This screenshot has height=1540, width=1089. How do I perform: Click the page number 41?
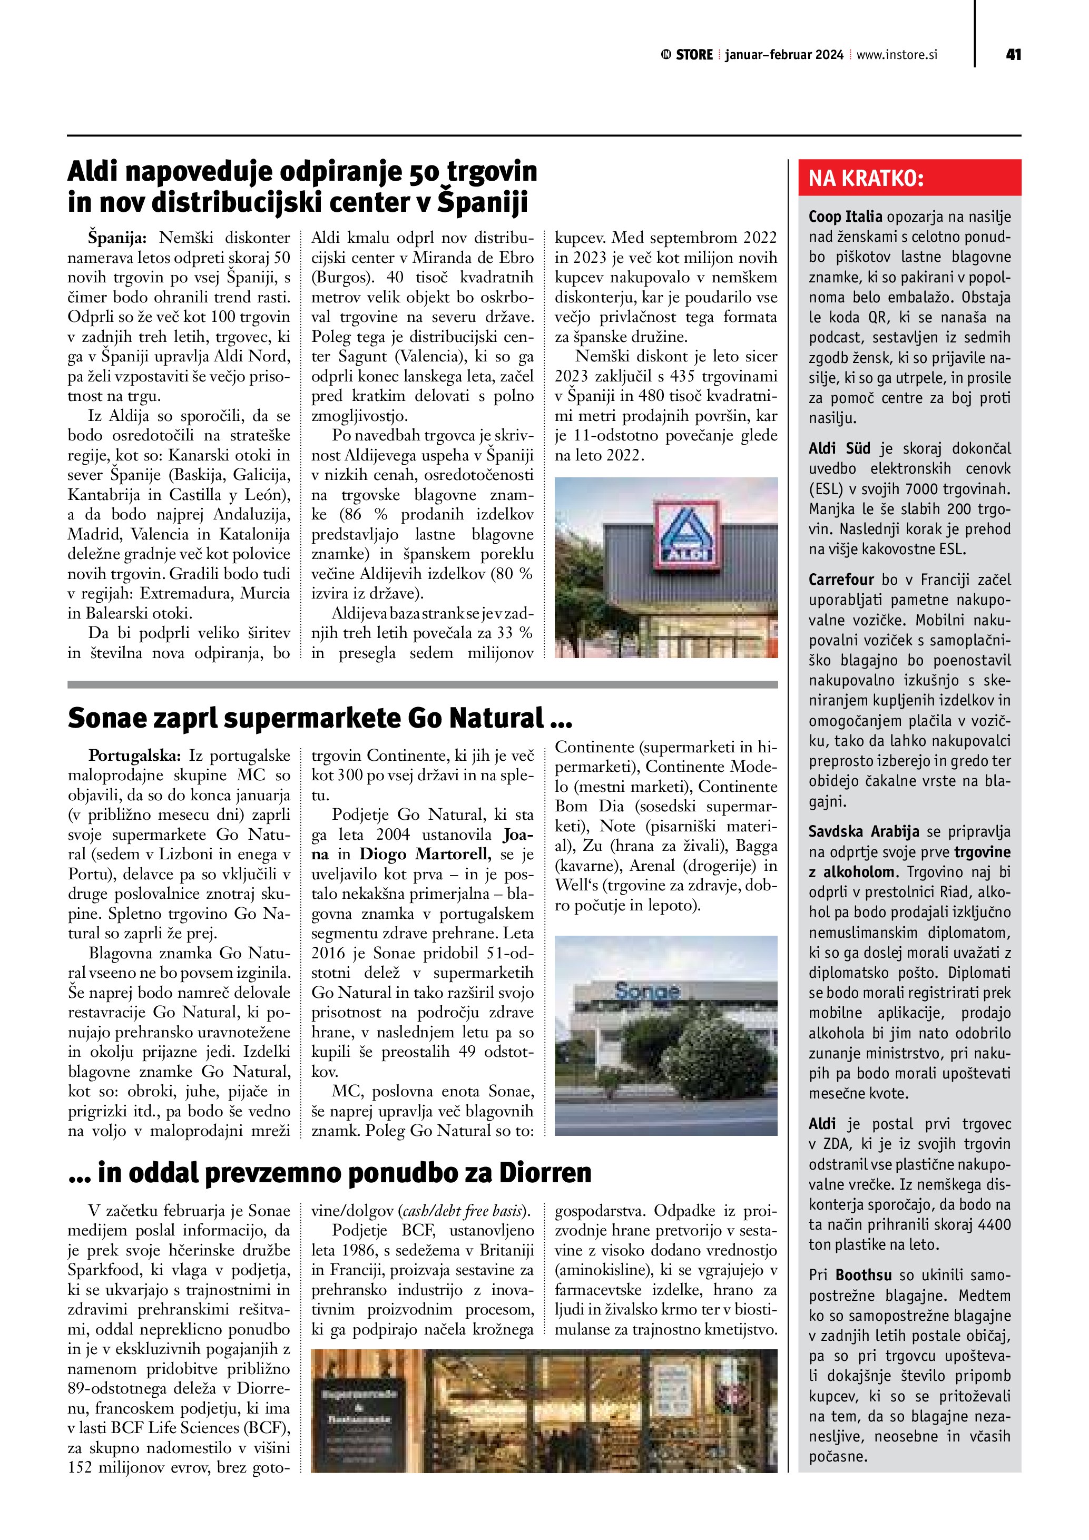pyautogui.click(x=1013, y=54)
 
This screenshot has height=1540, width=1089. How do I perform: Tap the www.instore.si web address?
pyautogui.click(x=897, y=55)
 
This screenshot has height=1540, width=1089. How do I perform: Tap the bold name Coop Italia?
pyautogui.click(x=845, y=217)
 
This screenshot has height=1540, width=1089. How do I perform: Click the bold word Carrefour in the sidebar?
pyautogui.click(x=841, y=580)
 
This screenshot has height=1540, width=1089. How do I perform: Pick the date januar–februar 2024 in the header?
pyautogui.click(x=784, y=55)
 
